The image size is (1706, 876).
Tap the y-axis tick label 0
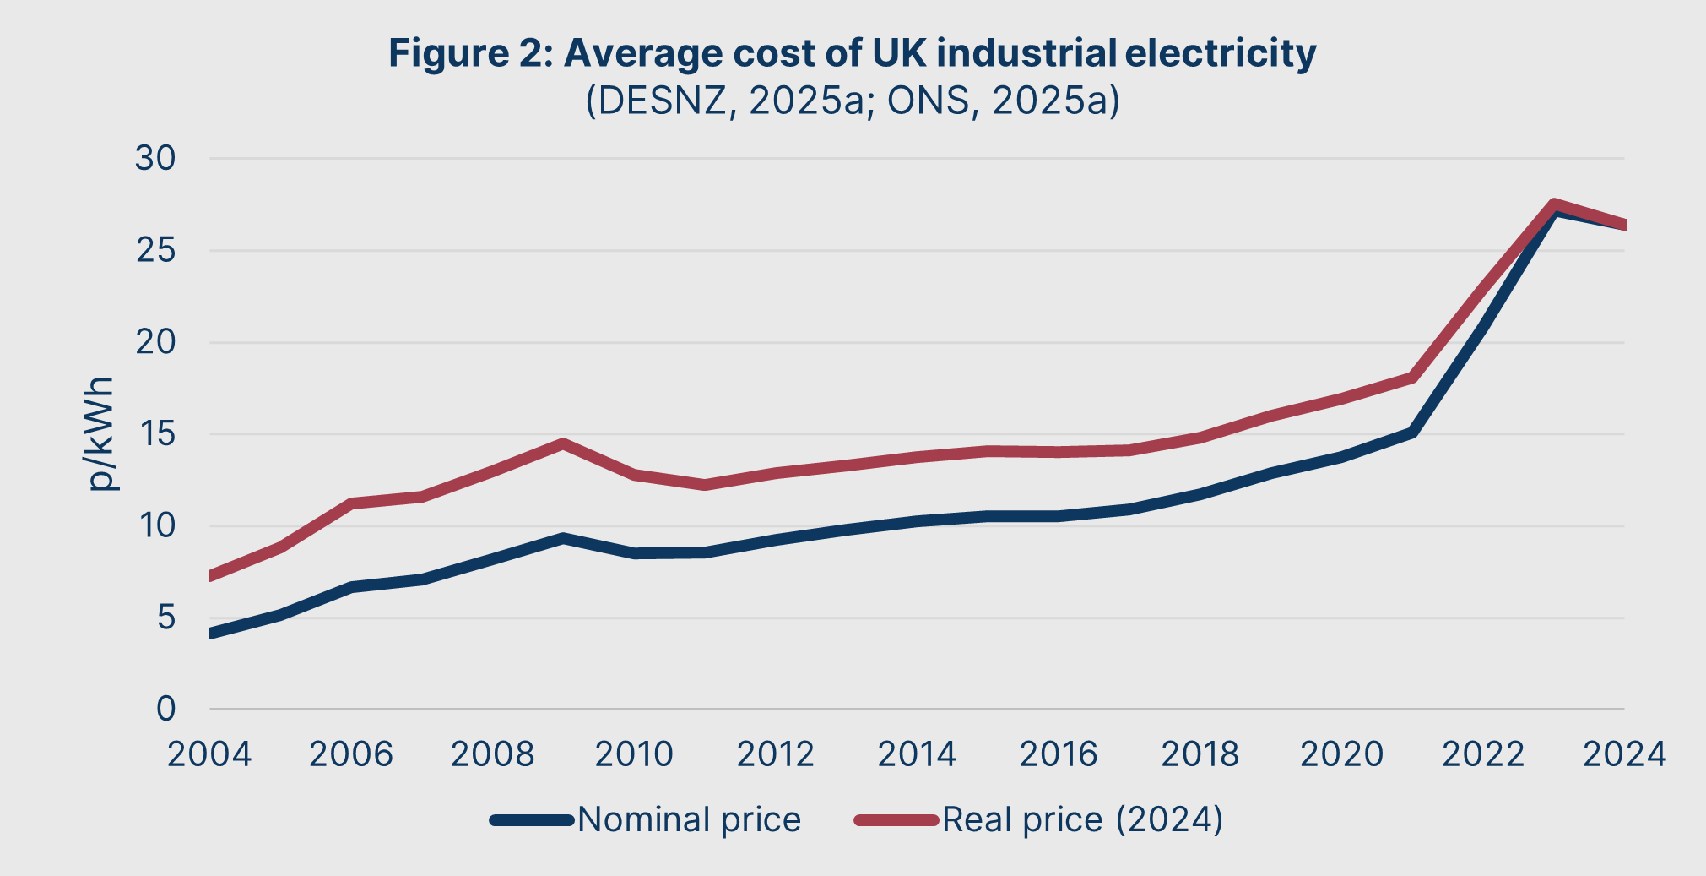165,710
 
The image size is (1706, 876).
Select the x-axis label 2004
209,754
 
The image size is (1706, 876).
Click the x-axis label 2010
634,754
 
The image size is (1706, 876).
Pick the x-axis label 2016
1059,754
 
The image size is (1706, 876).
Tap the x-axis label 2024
1624,754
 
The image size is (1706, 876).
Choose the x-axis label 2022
1483,754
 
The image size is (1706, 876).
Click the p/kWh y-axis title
100,434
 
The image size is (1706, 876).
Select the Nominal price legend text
689,819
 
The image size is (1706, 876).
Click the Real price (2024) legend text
1082,819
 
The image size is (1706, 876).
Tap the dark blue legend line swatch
532,820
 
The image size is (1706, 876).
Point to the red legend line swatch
896,820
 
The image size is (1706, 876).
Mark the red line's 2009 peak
563,443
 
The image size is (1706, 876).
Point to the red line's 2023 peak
1554,205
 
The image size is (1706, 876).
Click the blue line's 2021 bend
1411,433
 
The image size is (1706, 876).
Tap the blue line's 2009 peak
563,538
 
